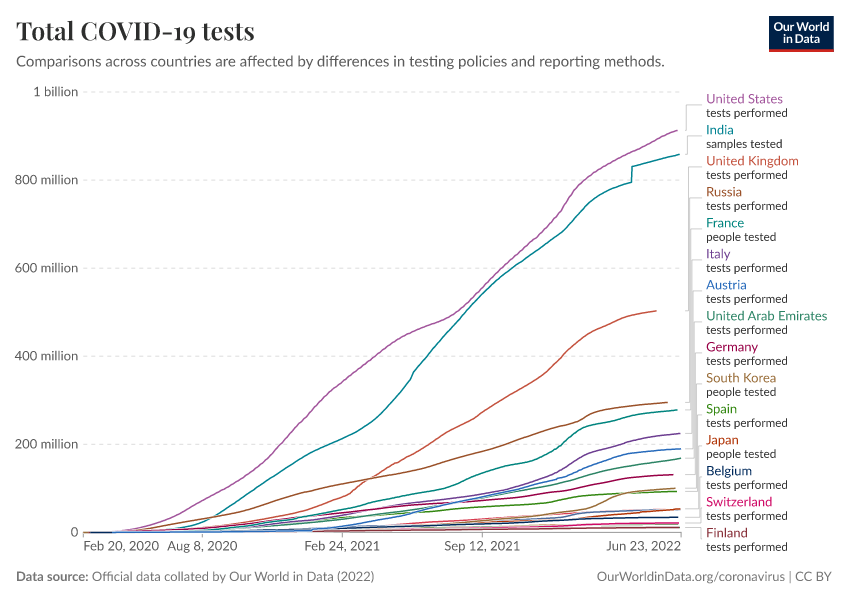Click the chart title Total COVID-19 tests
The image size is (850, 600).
point(135,32)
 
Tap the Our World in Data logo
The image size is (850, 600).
point(801,32)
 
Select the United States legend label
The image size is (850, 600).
point(744,99)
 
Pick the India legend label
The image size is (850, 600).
point(719,130)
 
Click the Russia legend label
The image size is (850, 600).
point(724,192)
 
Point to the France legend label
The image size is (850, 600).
point(725,223)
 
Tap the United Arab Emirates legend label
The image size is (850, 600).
point(766,316)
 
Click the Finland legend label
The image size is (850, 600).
point(726,533)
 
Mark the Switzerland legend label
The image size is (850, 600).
point(739,502)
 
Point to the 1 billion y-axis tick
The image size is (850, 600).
point(56,92)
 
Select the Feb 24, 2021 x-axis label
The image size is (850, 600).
point(343,548)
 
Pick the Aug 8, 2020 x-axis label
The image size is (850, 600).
point(203,548)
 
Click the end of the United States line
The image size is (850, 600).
point(677,130)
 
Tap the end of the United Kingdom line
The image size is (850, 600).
point(656,310)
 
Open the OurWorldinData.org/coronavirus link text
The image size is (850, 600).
point(690,577)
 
